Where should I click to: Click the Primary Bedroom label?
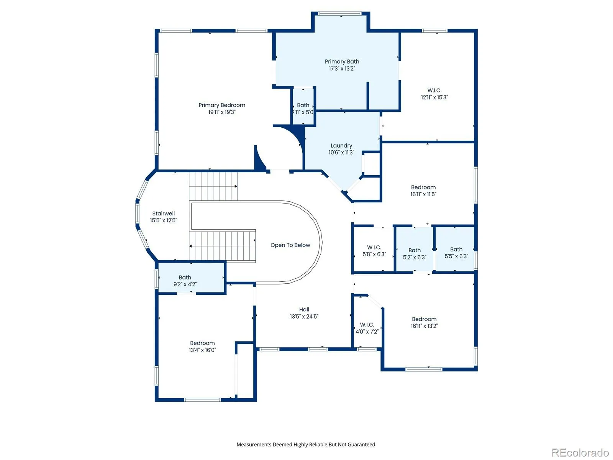point(222,105)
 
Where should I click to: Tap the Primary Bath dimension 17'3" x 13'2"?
point(342,69)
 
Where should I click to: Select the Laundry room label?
point(341,146)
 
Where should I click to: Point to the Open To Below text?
point(290,245)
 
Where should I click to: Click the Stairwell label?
point(163,214)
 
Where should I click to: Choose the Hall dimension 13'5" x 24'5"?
point(304,316)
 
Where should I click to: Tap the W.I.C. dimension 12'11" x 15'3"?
point(434,97)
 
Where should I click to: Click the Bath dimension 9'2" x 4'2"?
point(185,284)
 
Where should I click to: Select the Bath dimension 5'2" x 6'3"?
point(415,257)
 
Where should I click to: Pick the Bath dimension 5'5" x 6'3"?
point(456,256)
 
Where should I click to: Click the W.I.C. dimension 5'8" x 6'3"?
point(374,254)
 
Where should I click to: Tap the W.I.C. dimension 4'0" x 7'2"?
point(367,332)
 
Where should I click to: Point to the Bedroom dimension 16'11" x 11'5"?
point(423,194)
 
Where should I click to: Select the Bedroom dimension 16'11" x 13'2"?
point(424,326)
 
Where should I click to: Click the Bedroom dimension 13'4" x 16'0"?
point(202,350)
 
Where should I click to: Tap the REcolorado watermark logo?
point(580,452)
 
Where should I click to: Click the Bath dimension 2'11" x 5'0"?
point(303,112)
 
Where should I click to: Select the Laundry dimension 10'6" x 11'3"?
point(341,152)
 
